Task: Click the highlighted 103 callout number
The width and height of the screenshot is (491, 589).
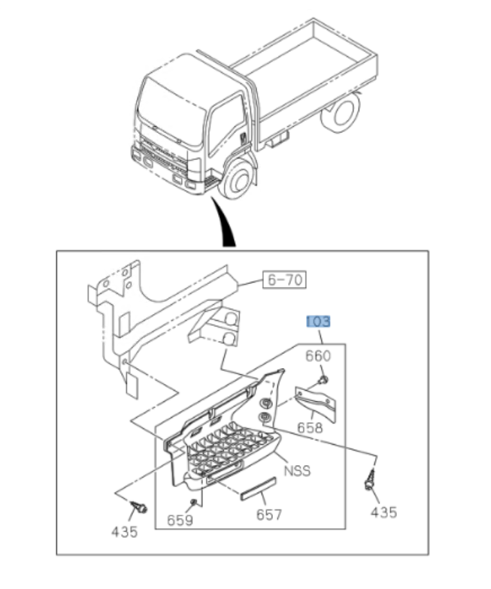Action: click(x=318, y=322)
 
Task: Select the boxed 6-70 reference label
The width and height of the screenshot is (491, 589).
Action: click(x=284, y=281)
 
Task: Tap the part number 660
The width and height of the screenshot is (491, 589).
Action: click(x=318, y=356)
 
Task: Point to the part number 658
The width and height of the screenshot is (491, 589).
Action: click(x=309, y=428)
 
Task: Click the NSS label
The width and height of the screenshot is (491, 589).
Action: click(x=297, y=471)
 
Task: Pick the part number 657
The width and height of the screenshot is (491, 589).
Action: click(x=268, y=515)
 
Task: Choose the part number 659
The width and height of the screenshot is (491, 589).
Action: click(x=180, y=519)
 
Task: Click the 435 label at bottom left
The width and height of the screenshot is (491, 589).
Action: click(x=124, y=532)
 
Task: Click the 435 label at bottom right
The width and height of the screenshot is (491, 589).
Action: click(x=383, y=512)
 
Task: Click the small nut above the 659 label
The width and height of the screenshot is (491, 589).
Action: click(x=193, y=500)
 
